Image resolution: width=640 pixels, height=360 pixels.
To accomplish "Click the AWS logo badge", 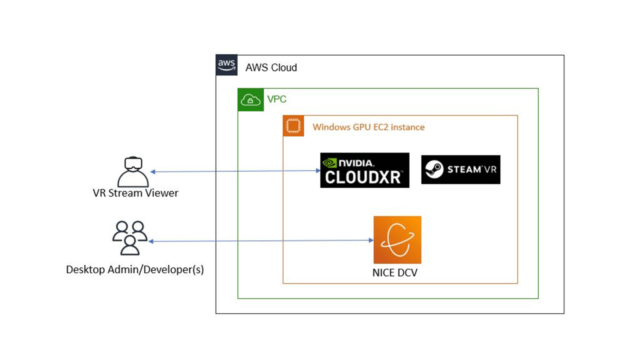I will click(226, 65).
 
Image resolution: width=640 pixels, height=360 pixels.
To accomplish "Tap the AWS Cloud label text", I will click(271, 68).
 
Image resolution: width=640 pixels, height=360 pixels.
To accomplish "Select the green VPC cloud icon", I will click(250, 100).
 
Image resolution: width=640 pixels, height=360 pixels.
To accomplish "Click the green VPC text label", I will click(277, 99).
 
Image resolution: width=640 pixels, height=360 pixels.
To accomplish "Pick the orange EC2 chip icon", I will click(293, 126).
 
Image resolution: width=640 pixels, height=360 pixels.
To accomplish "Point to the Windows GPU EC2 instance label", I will click(368, 127).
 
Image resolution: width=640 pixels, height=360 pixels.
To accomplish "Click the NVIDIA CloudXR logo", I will click(365, 170).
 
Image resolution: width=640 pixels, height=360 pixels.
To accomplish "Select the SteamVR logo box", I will click(461, 169).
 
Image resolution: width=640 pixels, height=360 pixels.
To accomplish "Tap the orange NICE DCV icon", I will click(397, 240).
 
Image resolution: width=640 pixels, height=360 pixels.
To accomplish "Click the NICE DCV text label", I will click(395, 273).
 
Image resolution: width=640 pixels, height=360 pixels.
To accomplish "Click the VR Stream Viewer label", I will click(135, 193).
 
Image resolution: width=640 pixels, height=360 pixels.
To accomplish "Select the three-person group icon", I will click(130, 238).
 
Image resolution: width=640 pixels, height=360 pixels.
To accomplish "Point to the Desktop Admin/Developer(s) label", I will click(135, 269).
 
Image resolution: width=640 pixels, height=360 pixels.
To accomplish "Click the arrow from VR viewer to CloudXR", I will click(233, 171).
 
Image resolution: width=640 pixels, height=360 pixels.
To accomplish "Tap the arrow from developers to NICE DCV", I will click(260, 241).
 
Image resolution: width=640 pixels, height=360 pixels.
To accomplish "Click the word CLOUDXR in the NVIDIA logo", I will click(363, 177).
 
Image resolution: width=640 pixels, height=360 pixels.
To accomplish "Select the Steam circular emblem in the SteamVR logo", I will click(434, 169).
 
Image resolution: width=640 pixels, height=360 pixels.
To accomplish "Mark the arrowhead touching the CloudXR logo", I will click(318, 171).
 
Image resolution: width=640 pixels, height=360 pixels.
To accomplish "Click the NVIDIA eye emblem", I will click(329, 163).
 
